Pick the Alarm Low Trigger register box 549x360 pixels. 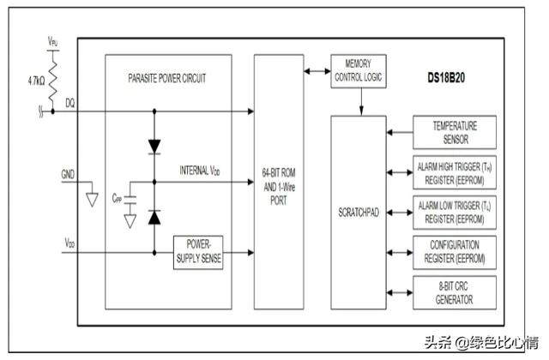pyautogui.click(x=455, y=211)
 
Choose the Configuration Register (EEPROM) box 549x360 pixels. pyautogui.click(x=455, y=250)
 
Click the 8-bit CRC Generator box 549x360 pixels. pyautogui.click(x=455, y=292)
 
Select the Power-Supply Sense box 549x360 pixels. pyautogui.click(x=198, y=253)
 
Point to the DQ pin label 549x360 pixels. pyautogui.click(x=69, y=103)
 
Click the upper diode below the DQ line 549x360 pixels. pyautogui.click(x=154, y=146)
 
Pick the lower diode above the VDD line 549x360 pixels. pyautogui.click(x=154, y=217)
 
